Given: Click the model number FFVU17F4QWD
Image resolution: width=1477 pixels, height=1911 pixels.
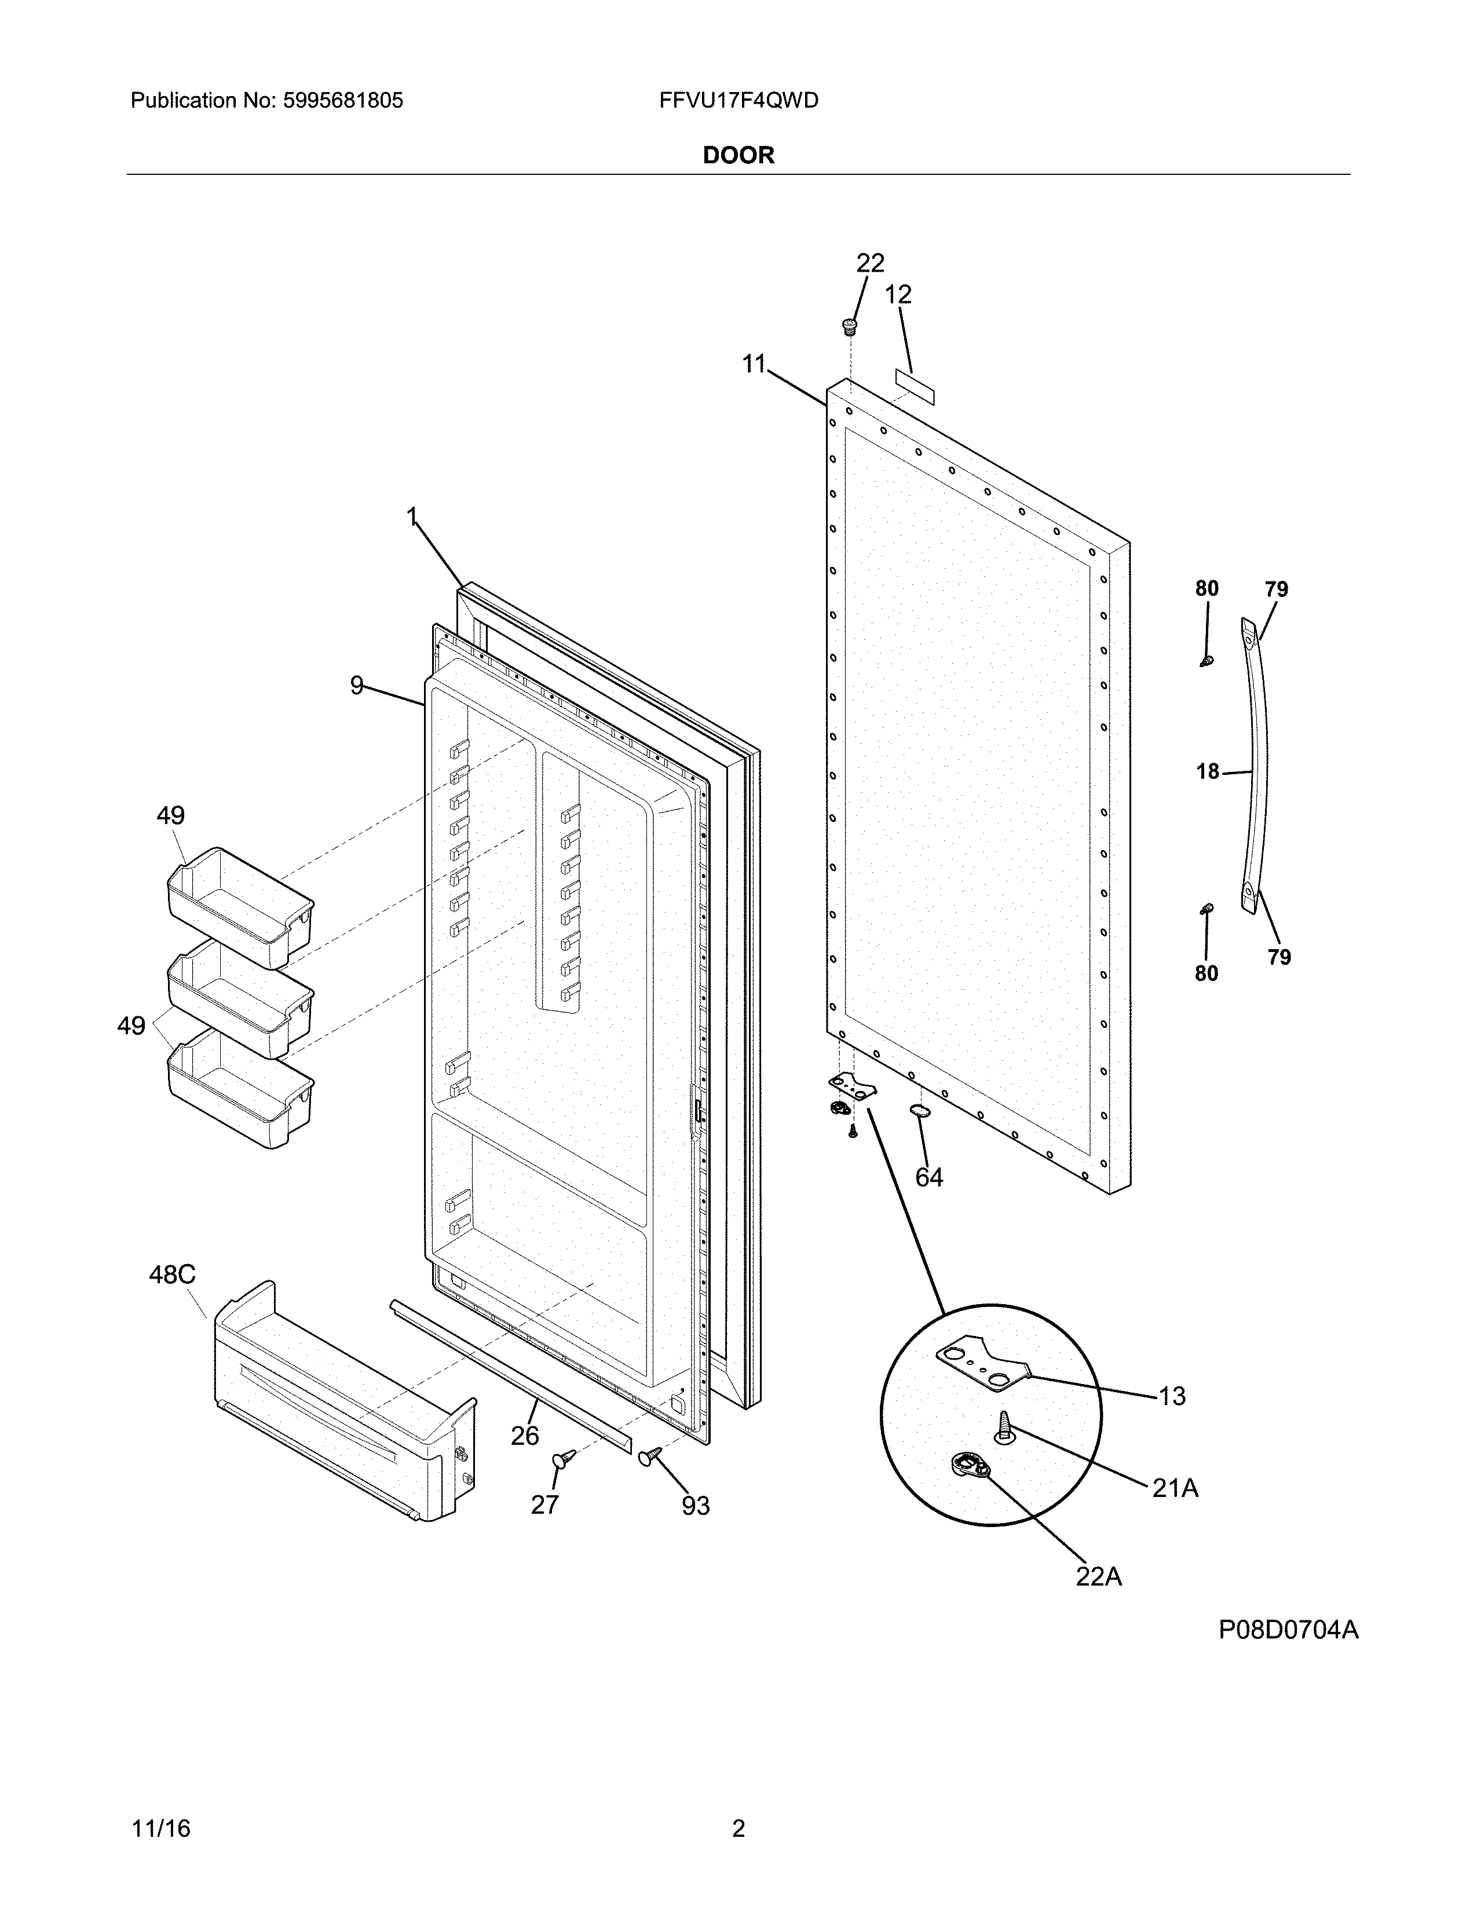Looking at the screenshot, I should (738, 101).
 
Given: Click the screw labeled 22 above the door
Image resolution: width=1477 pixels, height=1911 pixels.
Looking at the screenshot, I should (847, 327).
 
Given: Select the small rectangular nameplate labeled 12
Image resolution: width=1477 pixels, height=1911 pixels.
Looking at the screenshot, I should (915, 387).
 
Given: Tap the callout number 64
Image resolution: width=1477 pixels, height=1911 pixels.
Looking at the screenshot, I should (928, 1178).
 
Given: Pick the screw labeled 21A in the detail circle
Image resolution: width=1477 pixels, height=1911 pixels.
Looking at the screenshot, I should (1004, 1429).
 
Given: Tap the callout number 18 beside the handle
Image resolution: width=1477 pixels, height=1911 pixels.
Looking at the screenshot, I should (1208, 772).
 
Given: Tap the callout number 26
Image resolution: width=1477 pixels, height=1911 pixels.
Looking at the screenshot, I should (524, 1435).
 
